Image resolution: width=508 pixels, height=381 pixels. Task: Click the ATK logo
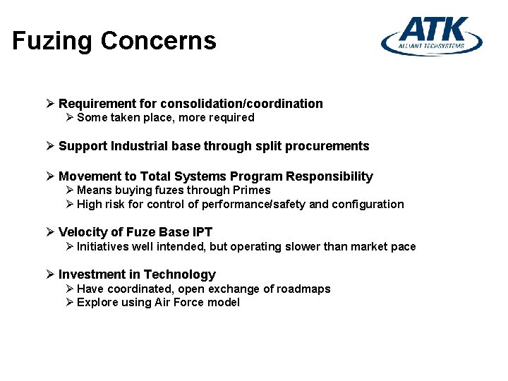432,36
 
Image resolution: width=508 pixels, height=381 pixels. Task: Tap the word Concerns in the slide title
158,41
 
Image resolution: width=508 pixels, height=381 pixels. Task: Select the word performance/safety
254,205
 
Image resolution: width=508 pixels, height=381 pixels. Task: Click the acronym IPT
202,232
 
